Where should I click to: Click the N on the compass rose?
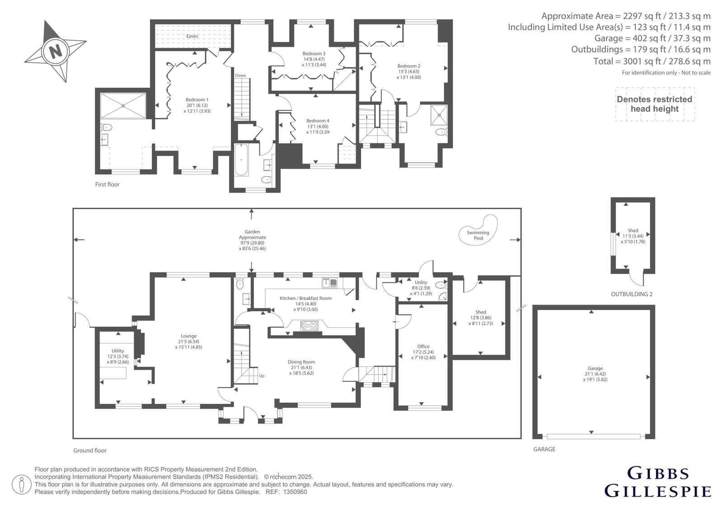(56, 51)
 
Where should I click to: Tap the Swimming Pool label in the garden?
(478, 235)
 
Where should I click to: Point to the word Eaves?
(192, 36)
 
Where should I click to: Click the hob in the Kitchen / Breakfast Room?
(309, 325)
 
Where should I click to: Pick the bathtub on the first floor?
(241, 160)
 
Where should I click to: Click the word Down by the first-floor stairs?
(240, 75)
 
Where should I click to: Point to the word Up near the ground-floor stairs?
(262, 376)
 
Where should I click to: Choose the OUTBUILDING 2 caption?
(632, 294)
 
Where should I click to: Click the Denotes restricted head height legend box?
(655, 104)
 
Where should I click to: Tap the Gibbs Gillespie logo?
(657, 482)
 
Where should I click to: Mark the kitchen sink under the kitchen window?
(329, 283)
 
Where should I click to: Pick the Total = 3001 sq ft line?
(652, 61)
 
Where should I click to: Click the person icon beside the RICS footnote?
(21, 484)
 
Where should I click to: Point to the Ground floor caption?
(90, 450)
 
